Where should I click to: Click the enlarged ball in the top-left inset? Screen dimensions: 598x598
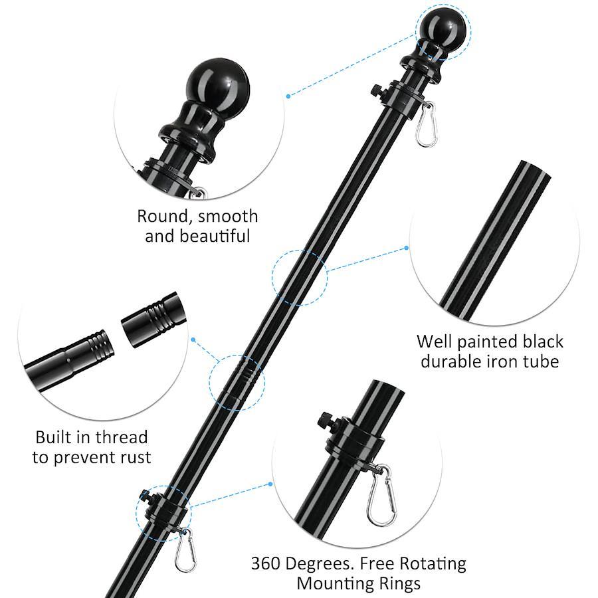point(218,84)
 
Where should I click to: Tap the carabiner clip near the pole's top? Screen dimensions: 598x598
point(426,124)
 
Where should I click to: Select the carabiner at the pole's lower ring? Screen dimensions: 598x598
point(185,550)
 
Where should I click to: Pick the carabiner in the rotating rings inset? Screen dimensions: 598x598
point(381,496)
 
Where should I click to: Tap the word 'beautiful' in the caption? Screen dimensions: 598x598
point(215,236)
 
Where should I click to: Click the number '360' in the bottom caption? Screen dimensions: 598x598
point(266,563)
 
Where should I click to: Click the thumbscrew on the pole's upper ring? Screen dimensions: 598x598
point(377,90)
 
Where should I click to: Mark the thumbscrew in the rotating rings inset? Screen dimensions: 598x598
point(326,421)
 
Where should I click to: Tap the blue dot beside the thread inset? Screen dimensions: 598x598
point(193,340)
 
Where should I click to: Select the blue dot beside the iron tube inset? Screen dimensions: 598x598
point(406,248)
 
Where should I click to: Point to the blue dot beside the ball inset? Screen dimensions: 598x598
point(288,96)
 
